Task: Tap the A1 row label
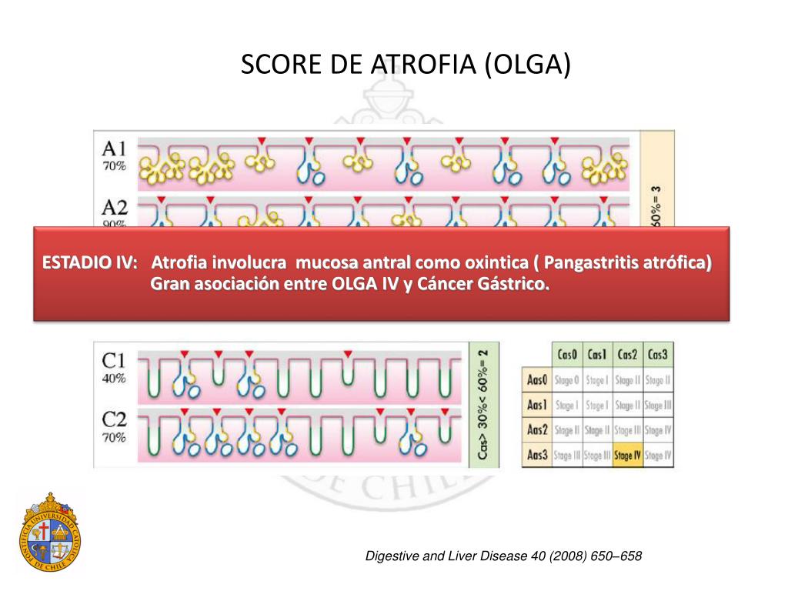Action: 115,149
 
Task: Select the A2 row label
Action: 115,208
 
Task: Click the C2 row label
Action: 115,420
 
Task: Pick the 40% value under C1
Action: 114,379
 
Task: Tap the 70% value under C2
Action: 114,438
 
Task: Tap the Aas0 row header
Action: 536,379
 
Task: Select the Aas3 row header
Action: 536,455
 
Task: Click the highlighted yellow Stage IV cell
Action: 628,455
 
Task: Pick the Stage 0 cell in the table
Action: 566,379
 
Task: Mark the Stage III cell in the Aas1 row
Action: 658,405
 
